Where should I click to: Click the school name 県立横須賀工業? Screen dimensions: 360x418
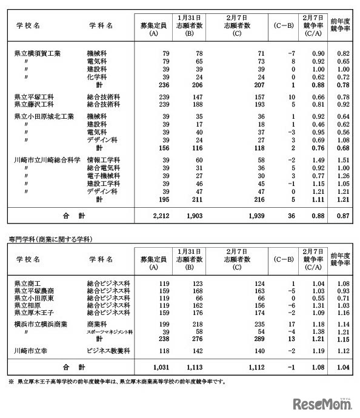point(37,53)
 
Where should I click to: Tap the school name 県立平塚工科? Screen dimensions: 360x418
point(33,97)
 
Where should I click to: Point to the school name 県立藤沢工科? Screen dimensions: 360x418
point(33,104)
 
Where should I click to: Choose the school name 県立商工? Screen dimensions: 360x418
point(27,283)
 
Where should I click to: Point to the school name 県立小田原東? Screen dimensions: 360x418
point(33,298)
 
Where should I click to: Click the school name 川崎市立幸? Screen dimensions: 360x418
point(30,351)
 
